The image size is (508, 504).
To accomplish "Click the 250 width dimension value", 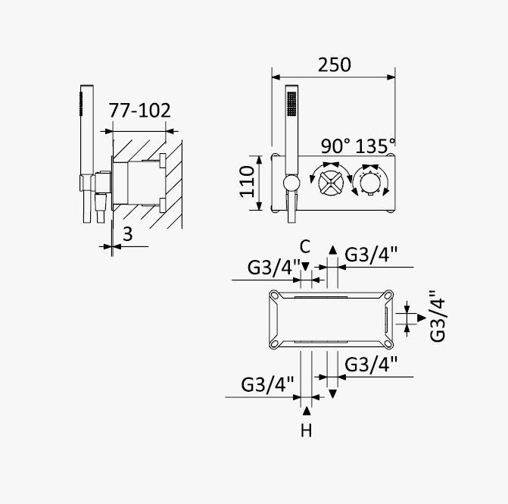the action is (x=334, y=65).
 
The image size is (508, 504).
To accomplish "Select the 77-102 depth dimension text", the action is (x=139, y=111).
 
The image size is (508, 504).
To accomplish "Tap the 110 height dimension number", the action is (x=247, y=181).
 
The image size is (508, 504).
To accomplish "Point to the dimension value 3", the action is (x=128, y=234).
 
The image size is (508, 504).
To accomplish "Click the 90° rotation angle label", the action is (x=335, y=146).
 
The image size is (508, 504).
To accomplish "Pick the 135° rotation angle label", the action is (x=376, y=146).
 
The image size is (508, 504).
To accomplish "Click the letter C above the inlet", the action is (x=305, y=246).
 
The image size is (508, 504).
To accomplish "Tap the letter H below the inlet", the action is (x=306, y=430).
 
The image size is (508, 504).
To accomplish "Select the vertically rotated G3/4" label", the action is (x=438, y=315).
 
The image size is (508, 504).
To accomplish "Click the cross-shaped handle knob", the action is (x=331, y=183).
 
